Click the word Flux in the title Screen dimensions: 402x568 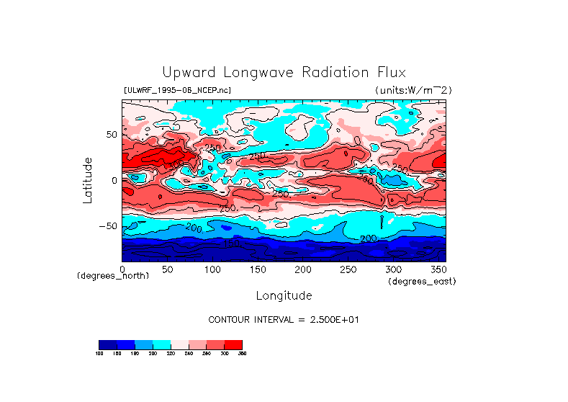[389, 73]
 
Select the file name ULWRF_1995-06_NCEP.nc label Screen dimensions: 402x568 [177, 90]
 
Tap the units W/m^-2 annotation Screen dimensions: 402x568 [413, 90]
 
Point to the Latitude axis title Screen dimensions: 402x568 [87, 180]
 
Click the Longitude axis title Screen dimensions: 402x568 [284, 295]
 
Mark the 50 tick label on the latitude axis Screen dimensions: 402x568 [110, 135]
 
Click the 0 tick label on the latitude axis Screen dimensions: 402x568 [114, 180]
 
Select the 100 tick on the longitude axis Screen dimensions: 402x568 [212, 269]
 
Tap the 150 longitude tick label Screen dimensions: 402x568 [257, 269]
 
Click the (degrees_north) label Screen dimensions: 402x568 [113, 276]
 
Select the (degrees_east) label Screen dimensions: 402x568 [422, 282]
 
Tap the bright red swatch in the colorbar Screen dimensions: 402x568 [233, 344]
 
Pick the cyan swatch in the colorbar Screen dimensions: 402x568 [161, 344]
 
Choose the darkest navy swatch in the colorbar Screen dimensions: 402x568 [107, 344]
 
